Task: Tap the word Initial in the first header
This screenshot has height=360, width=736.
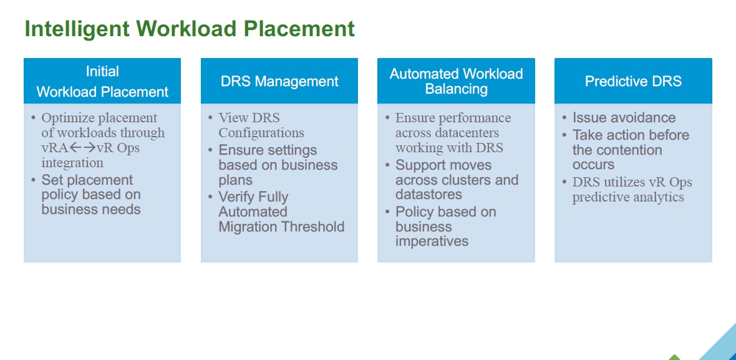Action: [x=102, y=72]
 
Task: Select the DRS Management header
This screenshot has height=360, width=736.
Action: [x=279, y=81]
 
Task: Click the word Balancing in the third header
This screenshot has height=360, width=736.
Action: [x=456, y=89]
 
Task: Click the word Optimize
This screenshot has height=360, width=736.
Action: [x=69, y=118]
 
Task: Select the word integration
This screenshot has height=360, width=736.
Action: [x=72, y=163]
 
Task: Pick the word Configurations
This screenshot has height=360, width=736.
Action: [x=261, y=133]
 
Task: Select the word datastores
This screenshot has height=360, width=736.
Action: [x=429, y=195]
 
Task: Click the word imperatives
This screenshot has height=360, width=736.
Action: [x=432, y=241]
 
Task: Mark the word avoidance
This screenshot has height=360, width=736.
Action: [x=642, y=118]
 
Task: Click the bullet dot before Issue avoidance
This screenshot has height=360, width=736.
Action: [x=564, y=118]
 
